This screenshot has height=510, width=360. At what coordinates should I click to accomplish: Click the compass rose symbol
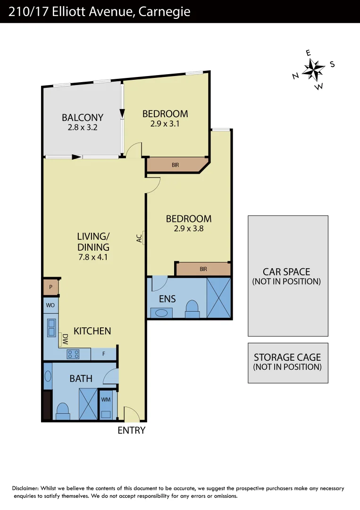(313, 70)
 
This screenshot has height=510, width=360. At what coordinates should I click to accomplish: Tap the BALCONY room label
(83, 118)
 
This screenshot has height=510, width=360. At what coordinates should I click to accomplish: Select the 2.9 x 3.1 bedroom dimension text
(165, 124)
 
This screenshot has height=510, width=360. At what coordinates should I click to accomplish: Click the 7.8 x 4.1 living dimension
(93, 257)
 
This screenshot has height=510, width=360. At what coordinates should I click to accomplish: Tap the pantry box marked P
(50, 287)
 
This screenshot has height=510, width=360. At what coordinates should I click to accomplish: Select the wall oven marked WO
(50, 305)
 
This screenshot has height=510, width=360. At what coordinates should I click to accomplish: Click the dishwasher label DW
(65, 338)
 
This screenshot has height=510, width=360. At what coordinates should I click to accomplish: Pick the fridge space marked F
(104, 354)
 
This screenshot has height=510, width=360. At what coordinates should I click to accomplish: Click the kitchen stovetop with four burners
(73, 354)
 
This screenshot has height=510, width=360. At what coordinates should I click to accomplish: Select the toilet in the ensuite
(193, 309)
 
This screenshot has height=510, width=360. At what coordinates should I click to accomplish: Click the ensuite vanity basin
(161, 313)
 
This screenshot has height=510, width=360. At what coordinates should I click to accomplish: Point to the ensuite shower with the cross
(219, 297)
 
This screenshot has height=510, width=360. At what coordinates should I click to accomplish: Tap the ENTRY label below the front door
(131, 430)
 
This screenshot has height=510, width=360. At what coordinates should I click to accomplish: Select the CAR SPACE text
(286, 272)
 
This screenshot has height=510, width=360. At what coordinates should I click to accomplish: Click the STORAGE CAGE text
(287, 357)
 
